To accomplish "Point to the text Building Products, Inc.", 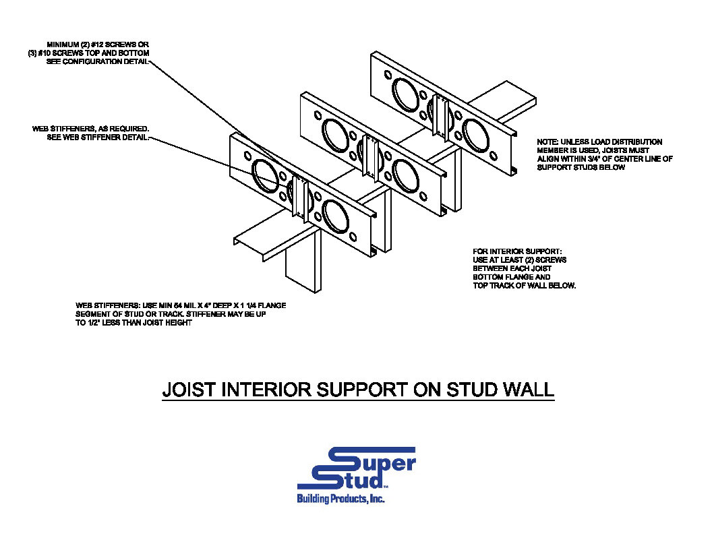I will [x=340, y=499].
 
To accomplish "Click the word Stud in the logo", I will [x=340, y=480].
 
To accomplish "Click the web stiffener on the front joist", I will [x=300, y=200].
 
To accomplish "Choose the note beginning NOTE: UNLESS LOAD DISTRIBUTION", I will [x=604, y=154].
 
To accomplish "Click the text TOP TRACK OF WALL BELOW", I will [x=524, y=286].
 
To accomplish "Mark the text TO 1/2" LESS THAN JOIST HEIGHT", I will [x=134, y=323].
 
